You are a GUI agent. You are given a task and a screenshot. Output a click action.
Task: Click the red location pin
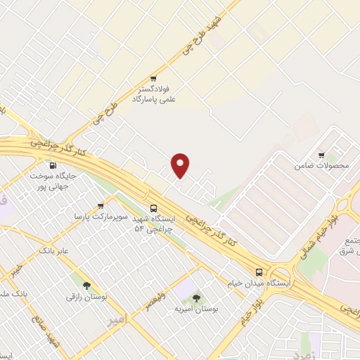click(x=181, y=165)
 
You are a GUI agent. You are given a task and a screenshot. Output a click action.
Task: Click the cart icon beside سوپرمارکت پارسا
click(x=101, y=206)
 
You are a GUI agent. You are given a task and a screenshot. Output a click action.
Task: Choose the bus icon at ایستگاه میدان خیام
click(x=259, y=272)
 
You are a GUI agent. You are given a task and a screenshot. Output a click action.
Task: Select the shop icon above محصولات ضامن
click(x=321, y=155)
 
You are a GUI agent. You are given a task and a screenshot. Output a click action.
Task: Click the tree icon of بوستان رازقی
click(x=86, y=285)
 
